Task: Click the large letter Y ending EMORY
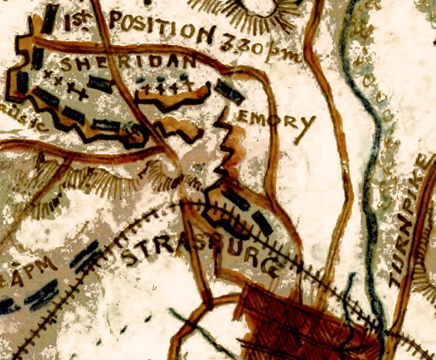(x=307, y=129)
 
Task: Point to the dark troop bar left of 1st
(x=49, y=18)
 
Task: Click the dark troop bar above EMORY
(x=231, y=93)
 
